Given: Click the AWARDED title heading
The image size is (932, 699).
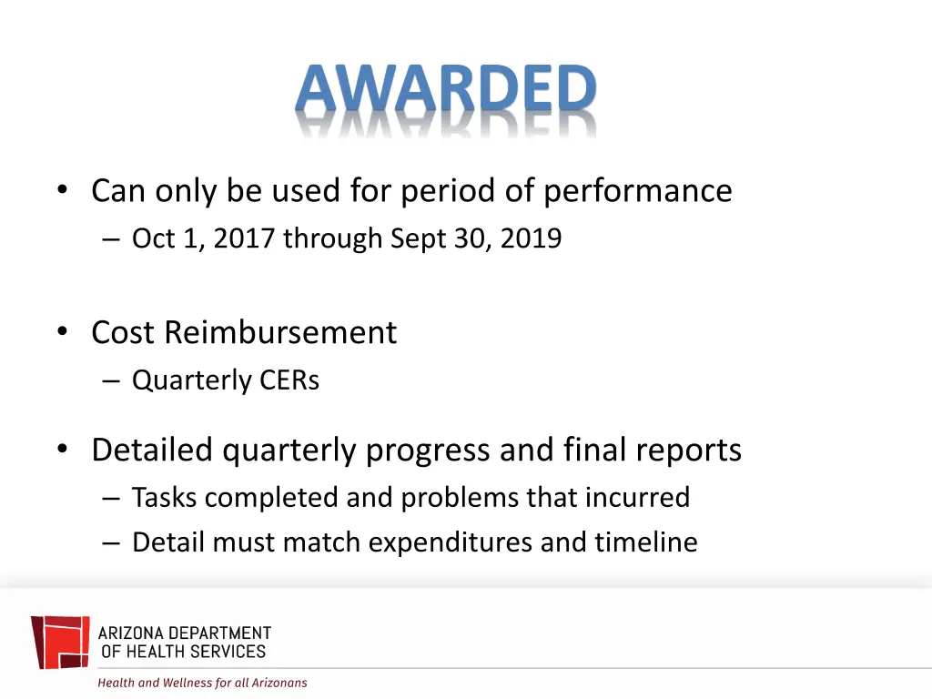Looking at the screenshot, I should pos(445,90).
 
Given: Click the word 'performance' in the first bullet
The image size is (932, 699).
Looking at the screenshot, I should pos(637,191).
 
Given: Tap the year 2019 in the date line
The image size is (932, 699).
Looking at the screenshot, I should pos(531,238).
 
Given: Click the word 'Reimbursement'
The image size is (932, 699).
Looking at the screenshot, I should pos(280,332).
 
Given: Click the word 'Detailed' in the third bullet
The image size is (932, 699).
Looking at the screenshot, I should pos(152,450).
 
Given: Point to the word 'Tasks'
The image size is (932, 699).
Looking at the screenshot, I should pos(161,497).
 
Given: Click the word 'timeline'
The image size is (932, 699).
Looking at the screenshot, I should pos(646,542).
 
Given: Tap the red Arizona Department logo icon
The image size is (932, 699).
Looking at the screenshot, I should pos(60,643).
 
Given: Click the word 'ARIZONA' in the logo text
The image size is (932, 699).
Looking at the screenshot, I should pos(129,633).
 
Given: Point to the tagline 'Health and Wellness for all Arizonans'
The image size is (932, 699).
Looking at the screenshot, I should pos(202,683).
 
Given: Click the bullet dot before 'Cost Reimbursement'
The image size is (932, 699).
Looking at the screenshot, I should pos(62,332).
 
